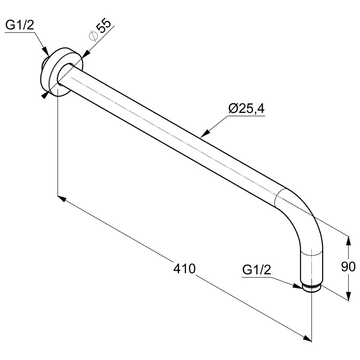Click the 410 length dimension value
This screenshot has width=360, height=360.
point(184,269)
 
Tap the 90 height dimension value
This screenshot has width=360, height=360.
point(348,266)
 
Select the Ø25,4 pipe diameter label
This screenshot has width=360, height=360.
point(246,108)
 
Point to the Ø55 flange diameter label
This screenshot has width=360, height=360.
point(100,30)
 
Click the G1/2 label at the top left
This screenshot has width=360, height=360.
point(19,25)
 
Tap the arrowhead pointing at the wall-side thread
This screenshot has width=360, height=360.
point(45,51)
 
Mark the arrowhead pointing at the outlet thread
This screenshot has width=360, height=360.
point(298,286)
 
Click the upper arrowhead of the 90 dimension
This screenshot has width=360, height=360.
point(348,241)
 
